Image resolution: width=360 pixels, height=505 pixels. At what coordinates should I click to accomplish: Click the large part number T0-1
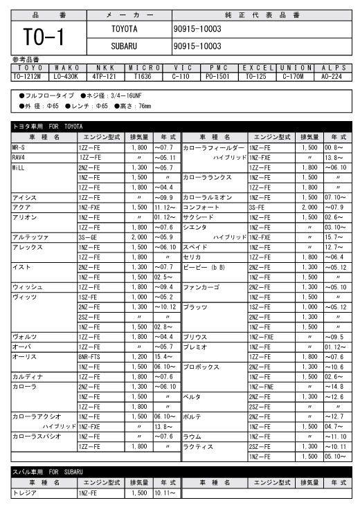[43, 37]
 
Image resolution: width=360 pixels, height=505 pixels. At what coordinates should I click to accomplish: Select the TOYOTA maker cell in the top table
[125, 29]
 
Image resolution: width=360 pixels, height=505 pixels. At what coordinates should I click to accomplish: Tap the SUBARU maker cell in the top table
[125, 46]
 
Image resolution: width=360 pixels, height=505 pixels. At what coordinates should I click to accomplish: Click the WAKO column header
[66, 68]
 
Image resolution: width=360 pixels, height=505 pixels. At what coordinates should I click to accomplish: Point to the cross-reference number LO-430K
[66, 76]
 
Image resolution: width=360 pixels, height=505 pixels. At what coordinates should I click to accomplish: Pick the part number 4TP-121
[105, 76]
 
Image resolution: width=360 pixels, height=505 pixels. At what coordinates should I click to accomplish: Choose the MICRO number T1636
[143, 76]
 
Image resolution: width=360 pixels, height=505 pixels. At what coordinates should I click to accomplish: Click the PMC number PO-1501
[218, 76]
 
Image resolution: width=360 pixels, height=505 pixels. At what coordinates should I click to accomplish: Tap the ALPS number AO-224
[331, 76]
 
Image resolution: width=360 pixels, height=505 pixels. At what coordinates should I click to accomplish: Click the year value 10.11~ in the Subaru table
[164, 493]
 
